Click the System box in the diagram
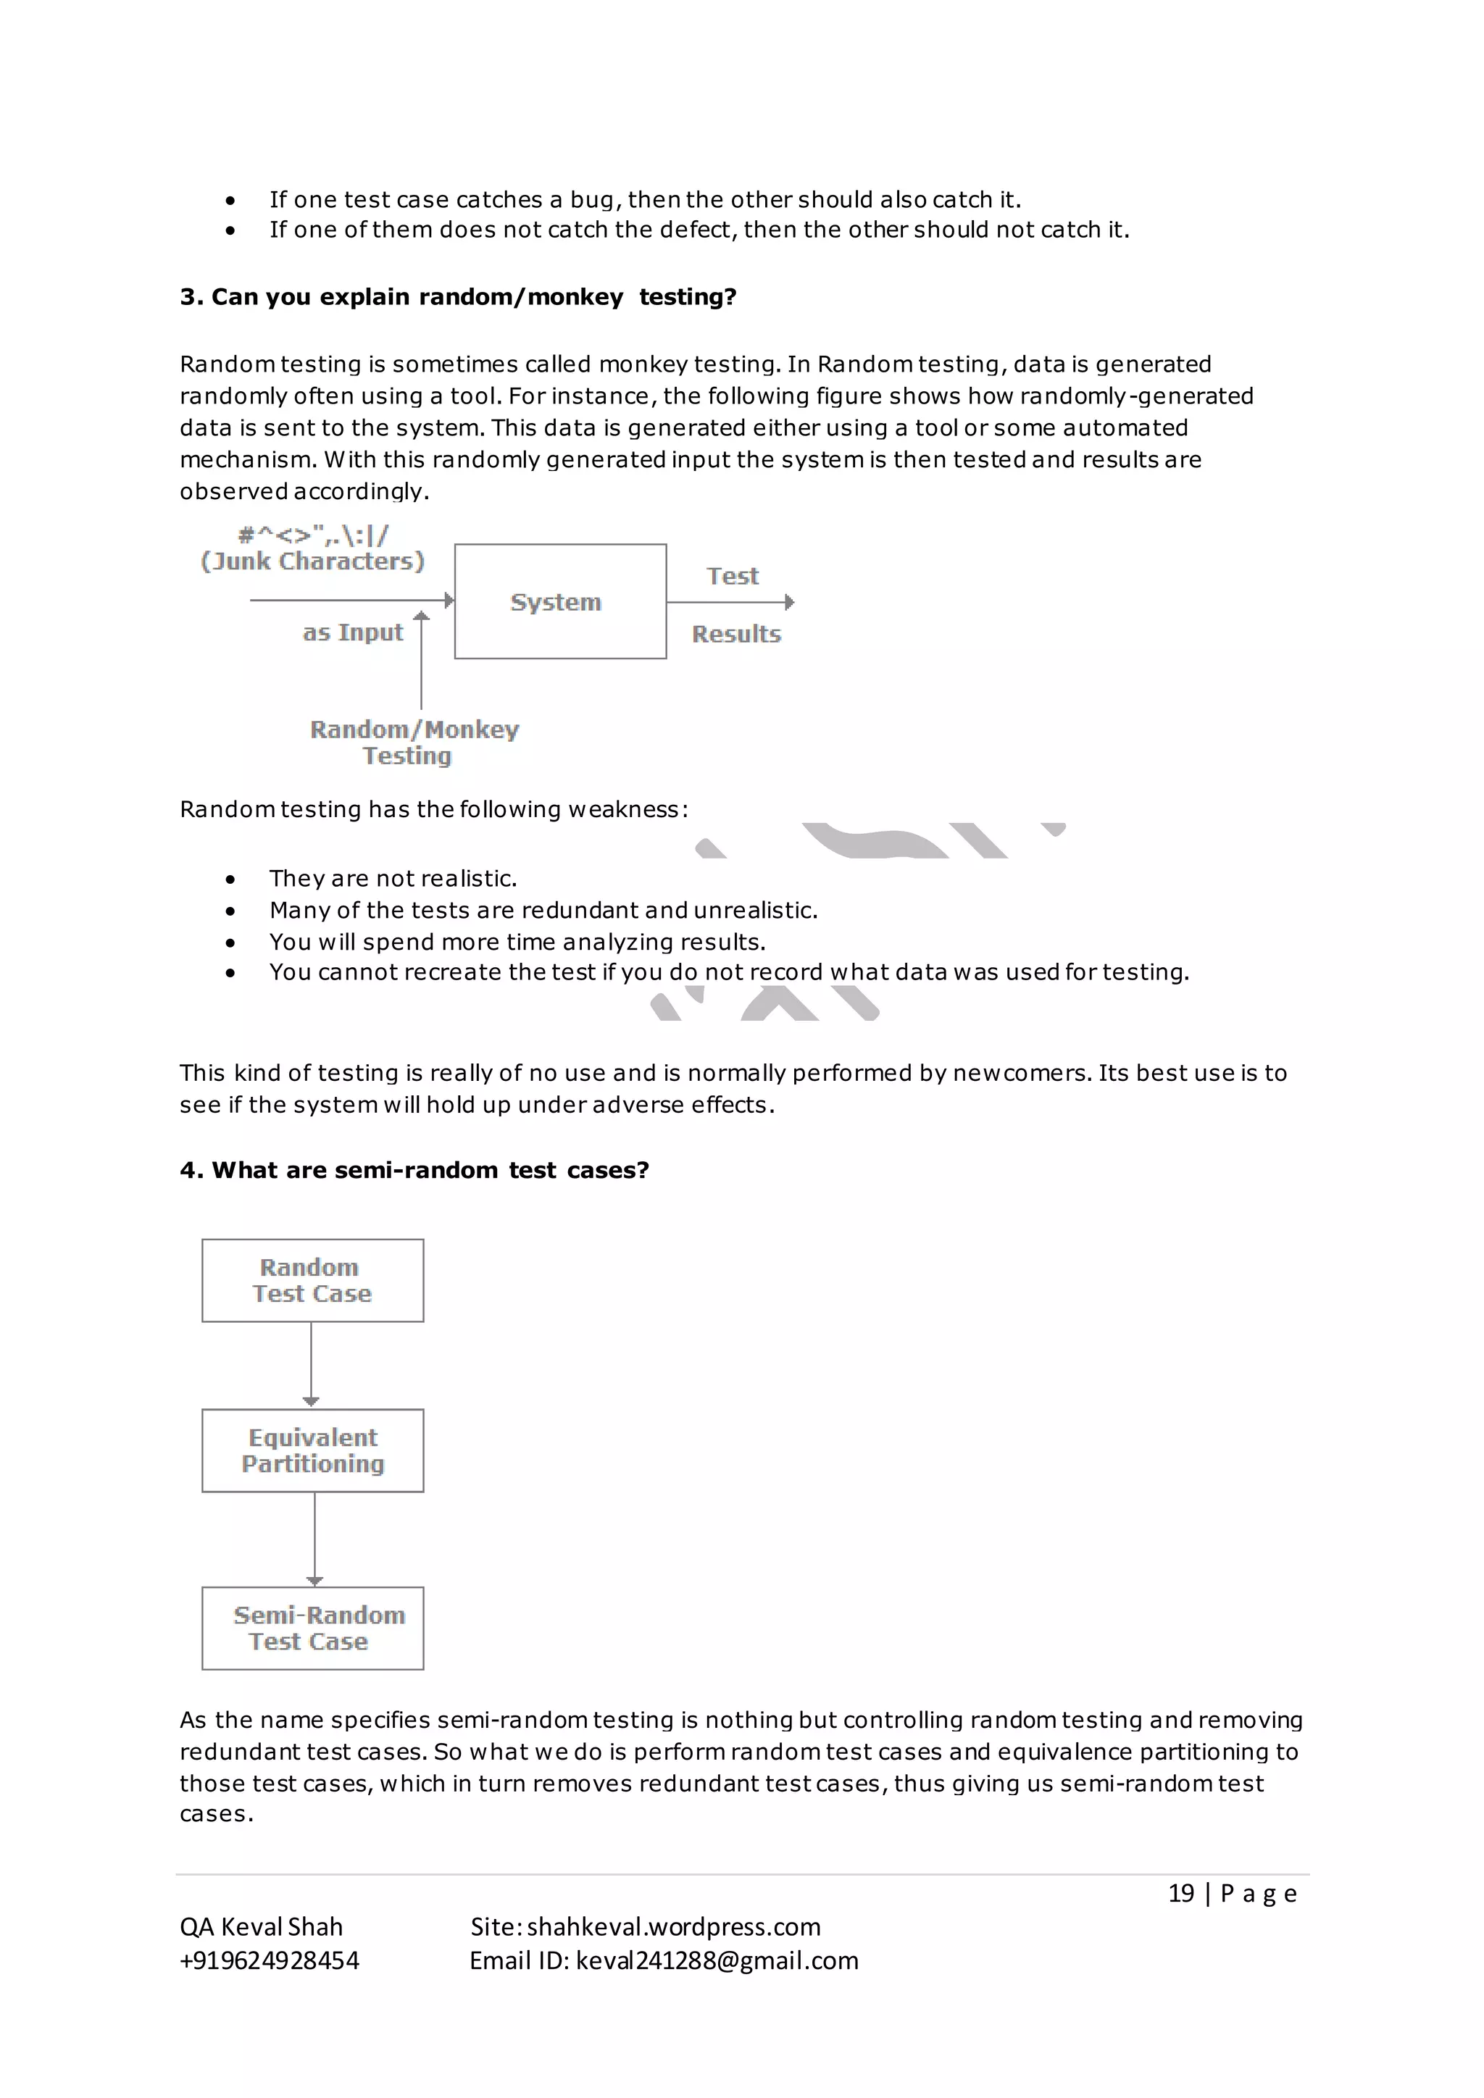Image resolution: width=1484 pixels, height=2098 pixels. pyautogui.click(x=559, y=601)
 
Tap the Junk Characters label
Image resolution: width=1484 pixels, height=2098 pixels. pyautogui.click(x=312, y=561)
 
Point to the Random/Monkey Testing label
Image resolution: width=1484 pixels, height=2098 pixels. pyautogui.click(x=413, y=742)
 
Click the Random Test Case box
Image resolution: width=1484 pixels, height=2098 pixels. pyautogui.click(x=312, y=1280)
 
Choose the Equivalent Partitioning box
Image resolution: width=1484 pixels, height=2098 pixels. pyautogui.click(x=312, y=1450)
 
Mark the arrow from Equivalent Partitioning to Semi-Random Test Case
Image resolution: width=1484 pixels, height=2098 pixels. pyautogui.click(x=314, y=1539)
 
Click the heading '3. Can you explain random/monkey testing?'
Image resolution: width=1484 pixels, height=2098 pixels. pyautogui.click(x=458, y=297)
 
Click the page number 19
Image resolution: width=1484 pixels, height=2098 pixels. pyautogui.click(x=1180, y=1892)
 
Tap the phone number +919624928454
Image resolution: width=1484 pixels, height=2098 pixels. pyautogui.click(x=270, y=1960)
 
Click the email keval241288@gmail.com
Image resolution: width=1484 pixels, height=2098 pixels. pyautogui.click(x=717, y=1960)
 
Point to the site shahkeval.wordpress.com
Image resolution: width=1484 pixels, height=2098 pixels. pyautogui.click(x=673, y=1926)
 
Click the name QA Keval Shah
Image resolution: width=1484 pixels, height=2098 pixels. pyautogui.click(x=262, y=1926)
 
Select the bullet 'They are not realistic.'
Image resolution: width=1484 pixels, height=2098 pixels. pyautogui.click(x=393, y=878)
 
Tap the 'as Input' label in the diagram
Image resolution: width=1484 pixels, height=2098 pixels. pyautogui.click(x=353, y=632)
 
